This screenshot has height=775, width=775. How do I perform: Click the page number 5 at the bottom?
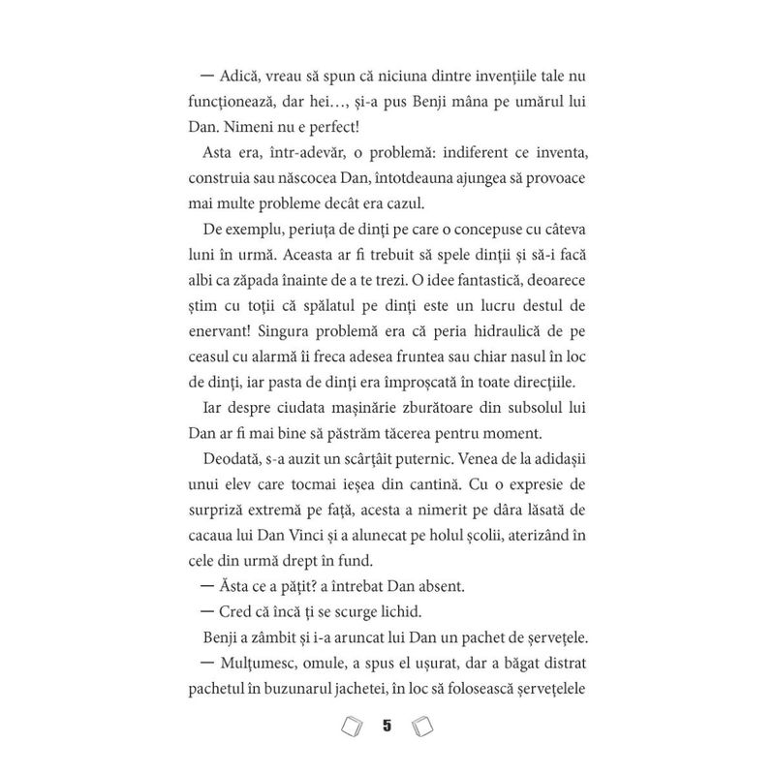387,725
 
